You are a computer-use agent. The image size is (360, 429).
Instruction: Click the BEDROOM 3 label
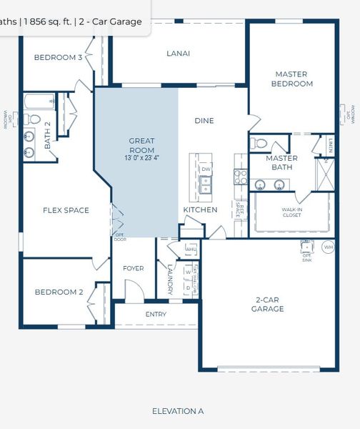click(58, 57)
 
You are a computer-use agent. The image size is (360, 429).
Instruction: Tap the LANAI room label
click(178, 53)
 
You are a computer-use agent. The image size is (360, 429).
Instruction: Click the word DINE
click(204, 121)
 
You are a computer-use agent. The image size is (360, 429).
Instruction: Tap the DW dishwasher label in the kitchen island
click(206, 169)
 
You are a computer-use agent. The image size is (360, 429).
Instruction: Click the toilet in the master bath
click(260, 143)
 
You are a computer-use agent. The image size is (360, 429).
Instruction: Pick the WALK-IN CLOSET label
click(292, 212)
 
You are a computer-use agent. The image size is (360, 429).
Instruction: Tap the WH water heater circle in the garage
click(328, 247)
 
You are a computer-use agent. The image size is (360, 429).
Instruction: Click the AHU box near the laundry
click(190, 248)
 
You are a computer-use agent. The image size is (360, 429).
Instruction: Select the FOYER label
click(134, 268)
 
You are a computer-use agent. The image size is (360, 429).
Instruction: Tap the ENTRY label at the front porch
click(156, 314)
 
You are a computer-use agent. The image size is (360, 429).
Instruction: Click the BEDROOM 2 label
click(59, 292)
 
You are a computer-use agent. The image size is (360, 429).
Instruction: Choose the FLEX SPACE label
click(66, 210)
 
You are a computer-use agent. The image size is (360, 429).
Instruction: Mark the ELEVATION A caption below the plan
click(178, 411)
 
